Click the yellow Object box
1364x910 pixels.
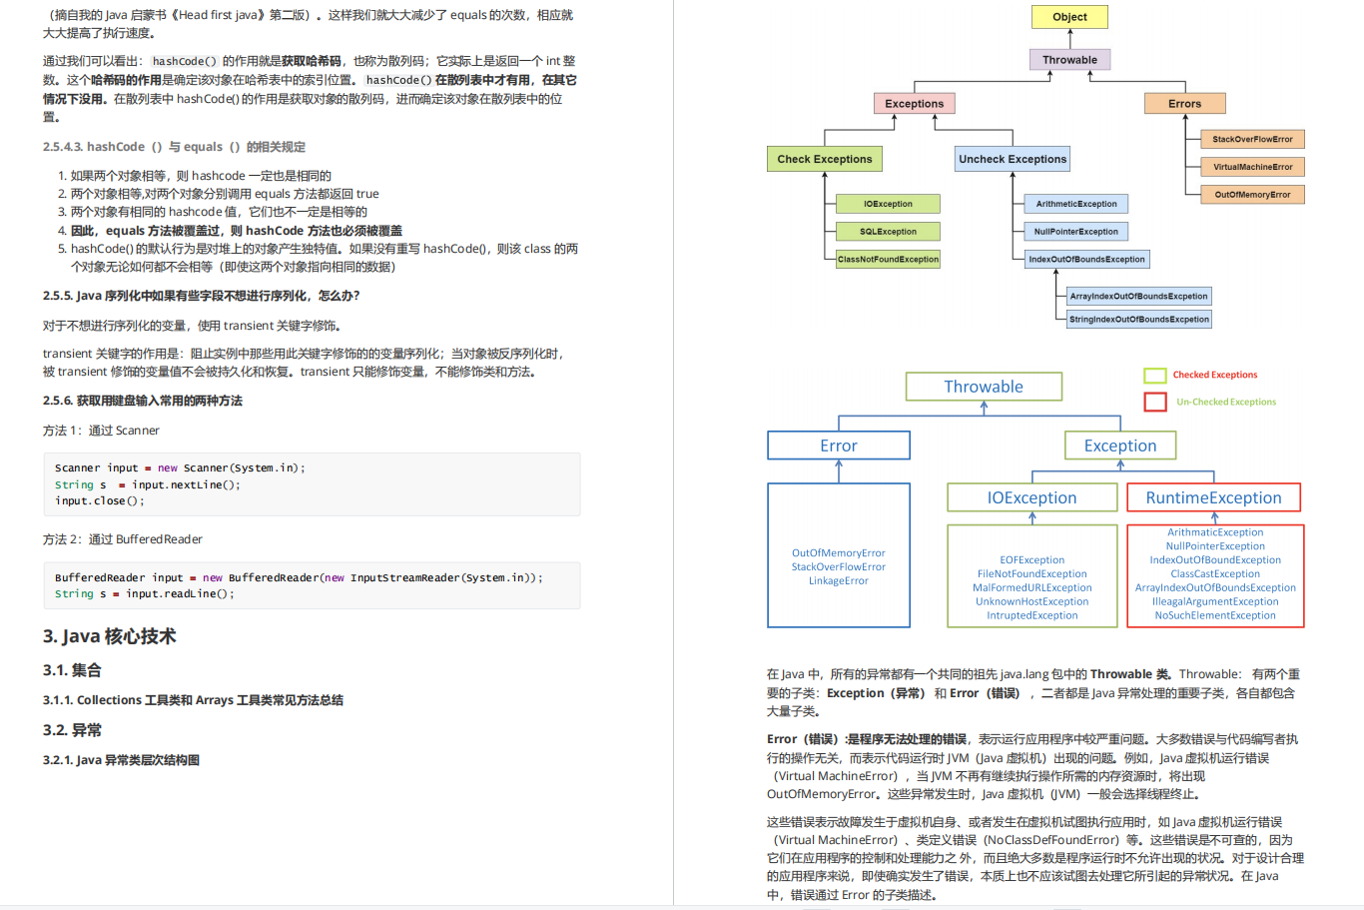[x=1069, y=17]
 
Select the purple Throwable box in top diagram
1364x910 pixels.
[x=1069, y=60]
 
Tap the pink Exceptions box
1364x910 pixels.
[x=914, y=104]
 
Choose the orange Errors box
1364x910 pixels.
[x=1184, y=104]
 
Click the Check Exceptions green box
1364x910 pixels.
[x=825, y=159]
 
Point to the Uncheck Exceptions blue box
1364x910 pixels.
[x=1013, y=159]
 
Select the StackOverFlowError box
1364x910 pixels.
[x=1252, y=139]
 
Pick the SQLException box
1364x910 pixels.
[x=888, y=232]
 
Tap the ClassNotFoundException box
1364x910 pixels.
[x=888, y=259]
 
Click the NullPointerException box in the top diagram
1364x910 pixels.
[x=1076, y=232]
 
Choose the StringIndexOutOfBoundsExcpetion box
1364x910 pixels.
[x=1139, y=320]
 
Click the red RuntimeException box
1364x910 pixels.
[x=1213, y=497]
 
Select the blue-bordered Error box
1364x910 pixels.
[x=839, y=446]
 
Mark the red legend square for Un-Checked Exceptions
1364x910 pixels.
[x=1155, y=402]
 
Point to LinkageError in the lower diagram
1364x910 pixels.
[x=839, y=580]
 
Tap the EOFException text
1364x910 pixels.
[x=1032, y=559]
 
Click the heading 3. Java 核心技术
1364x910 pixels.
[x=109, y=636]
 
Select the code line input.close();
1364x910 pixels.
[x=100, y=500]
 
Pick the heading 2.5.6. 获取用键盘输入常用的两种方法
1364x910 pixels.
[x=143, y=401]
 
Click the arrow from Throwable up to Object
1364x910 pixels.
[x=1069, y=38]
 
